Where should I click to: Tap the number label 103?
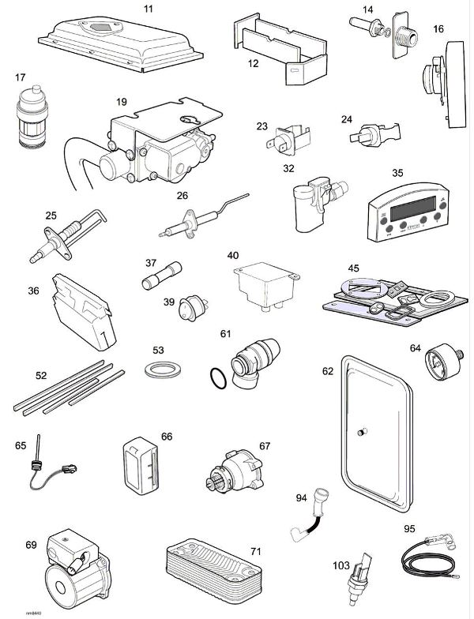coord(342,566)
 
